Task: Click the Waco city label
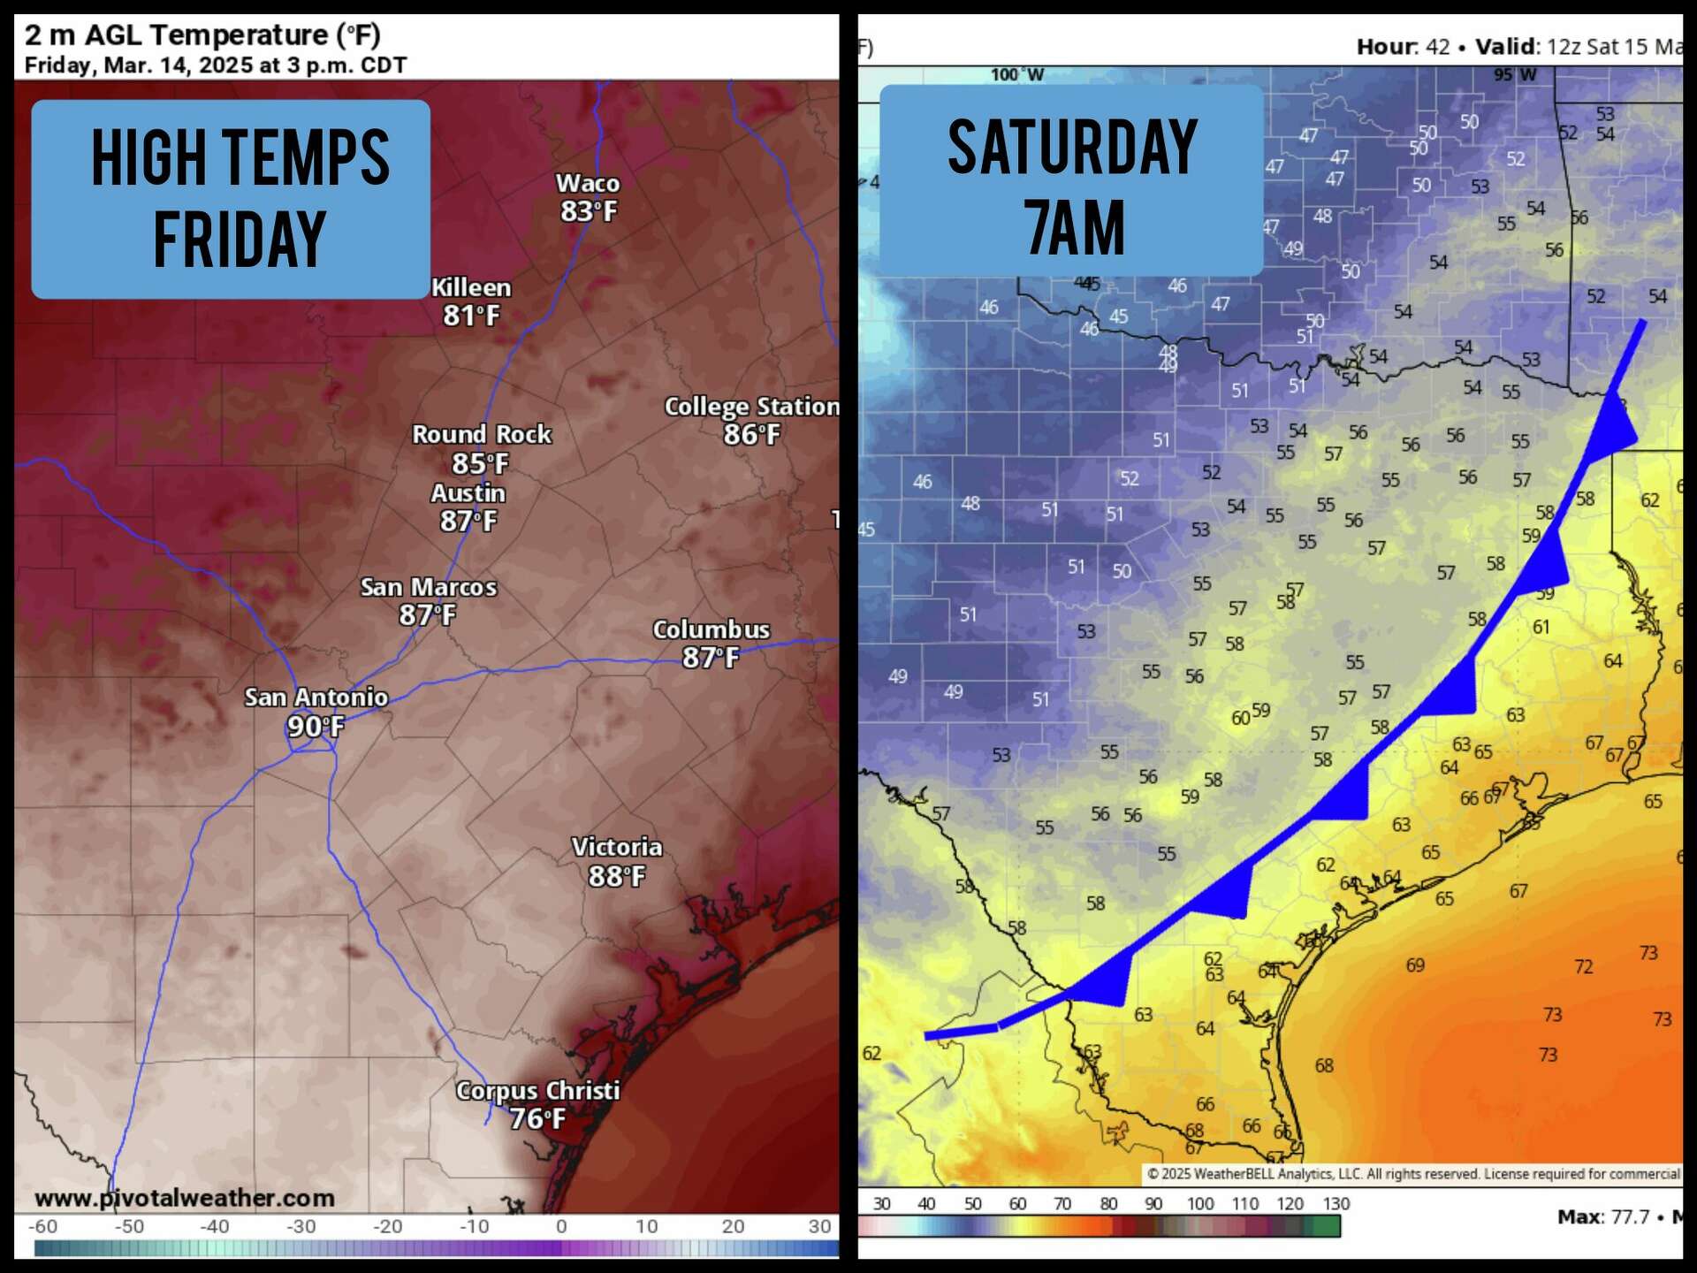[x=587, y=183]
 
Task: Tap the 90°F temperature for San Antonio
[x=316, y=727]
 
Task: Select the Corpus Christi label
[x=537, y=1091]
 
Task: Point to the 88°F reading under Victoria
[x=617, y=876]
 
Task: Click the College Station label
[x=751, y=407]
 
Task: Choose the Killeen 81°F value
[x=471, y=316]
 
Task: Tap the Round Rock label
[x=482, y=435]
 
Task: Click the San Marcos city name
[x=428, y=587]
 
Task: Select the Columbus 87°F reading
[x=710, y=658]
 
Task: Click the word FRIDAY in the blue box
[x=240, y=240]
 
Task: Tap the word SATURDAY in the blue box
[x=1072, y=148]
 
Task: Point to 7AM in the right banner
[x=1075, y=228]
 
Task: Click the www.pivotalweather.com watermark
[x=185, y=1199]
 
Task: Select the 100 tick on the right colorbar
[x=1199, y=1204]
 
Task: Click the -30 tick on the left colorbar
[x=301, y=1226]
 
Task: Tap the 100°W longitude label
[x=1016, y=75]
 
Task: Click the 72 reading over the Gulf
[x=1583, y=967]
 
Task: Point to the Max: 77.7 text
[x=1602, y=1217]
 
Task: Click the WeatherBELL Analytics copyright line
[x=1412, y=1174]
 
